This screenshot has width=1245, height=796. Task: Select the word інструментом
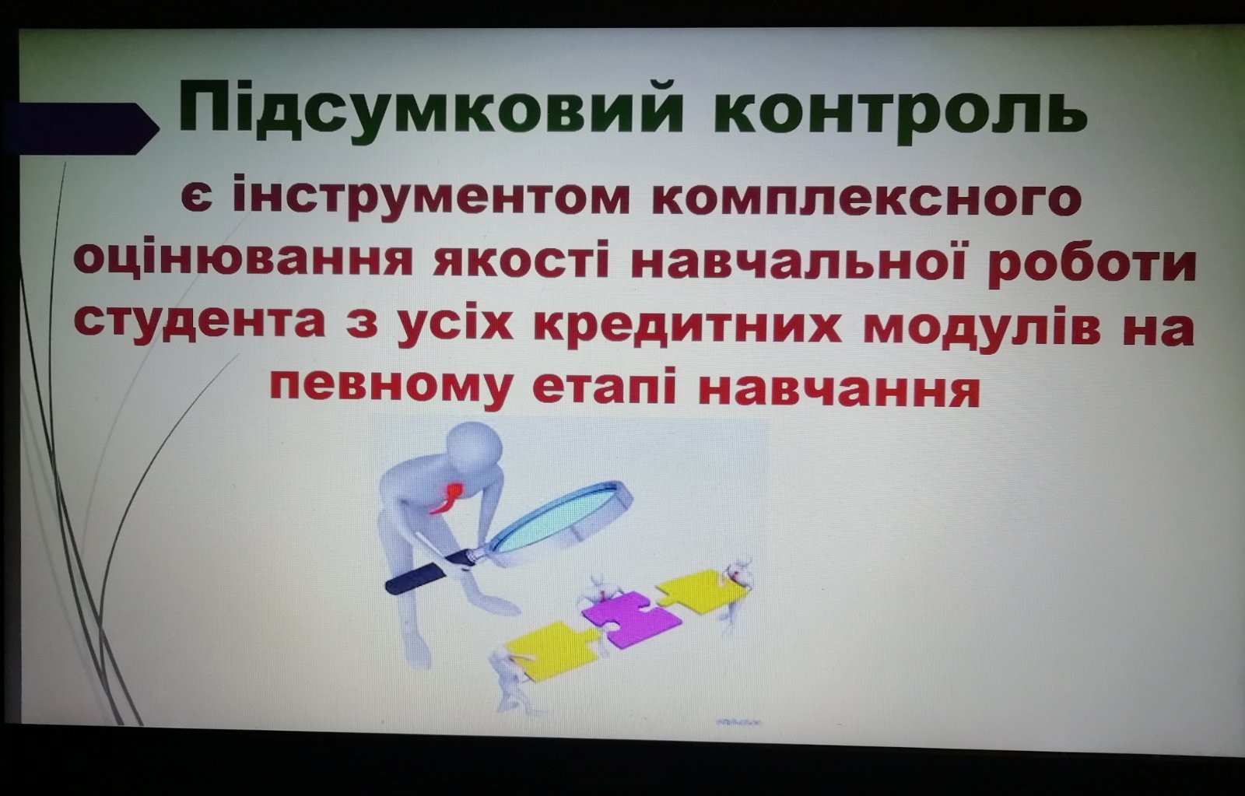431,198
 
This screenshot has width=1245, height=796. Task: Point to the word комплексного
867,198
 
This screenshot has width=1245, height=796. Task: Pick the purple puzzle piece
632,620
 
